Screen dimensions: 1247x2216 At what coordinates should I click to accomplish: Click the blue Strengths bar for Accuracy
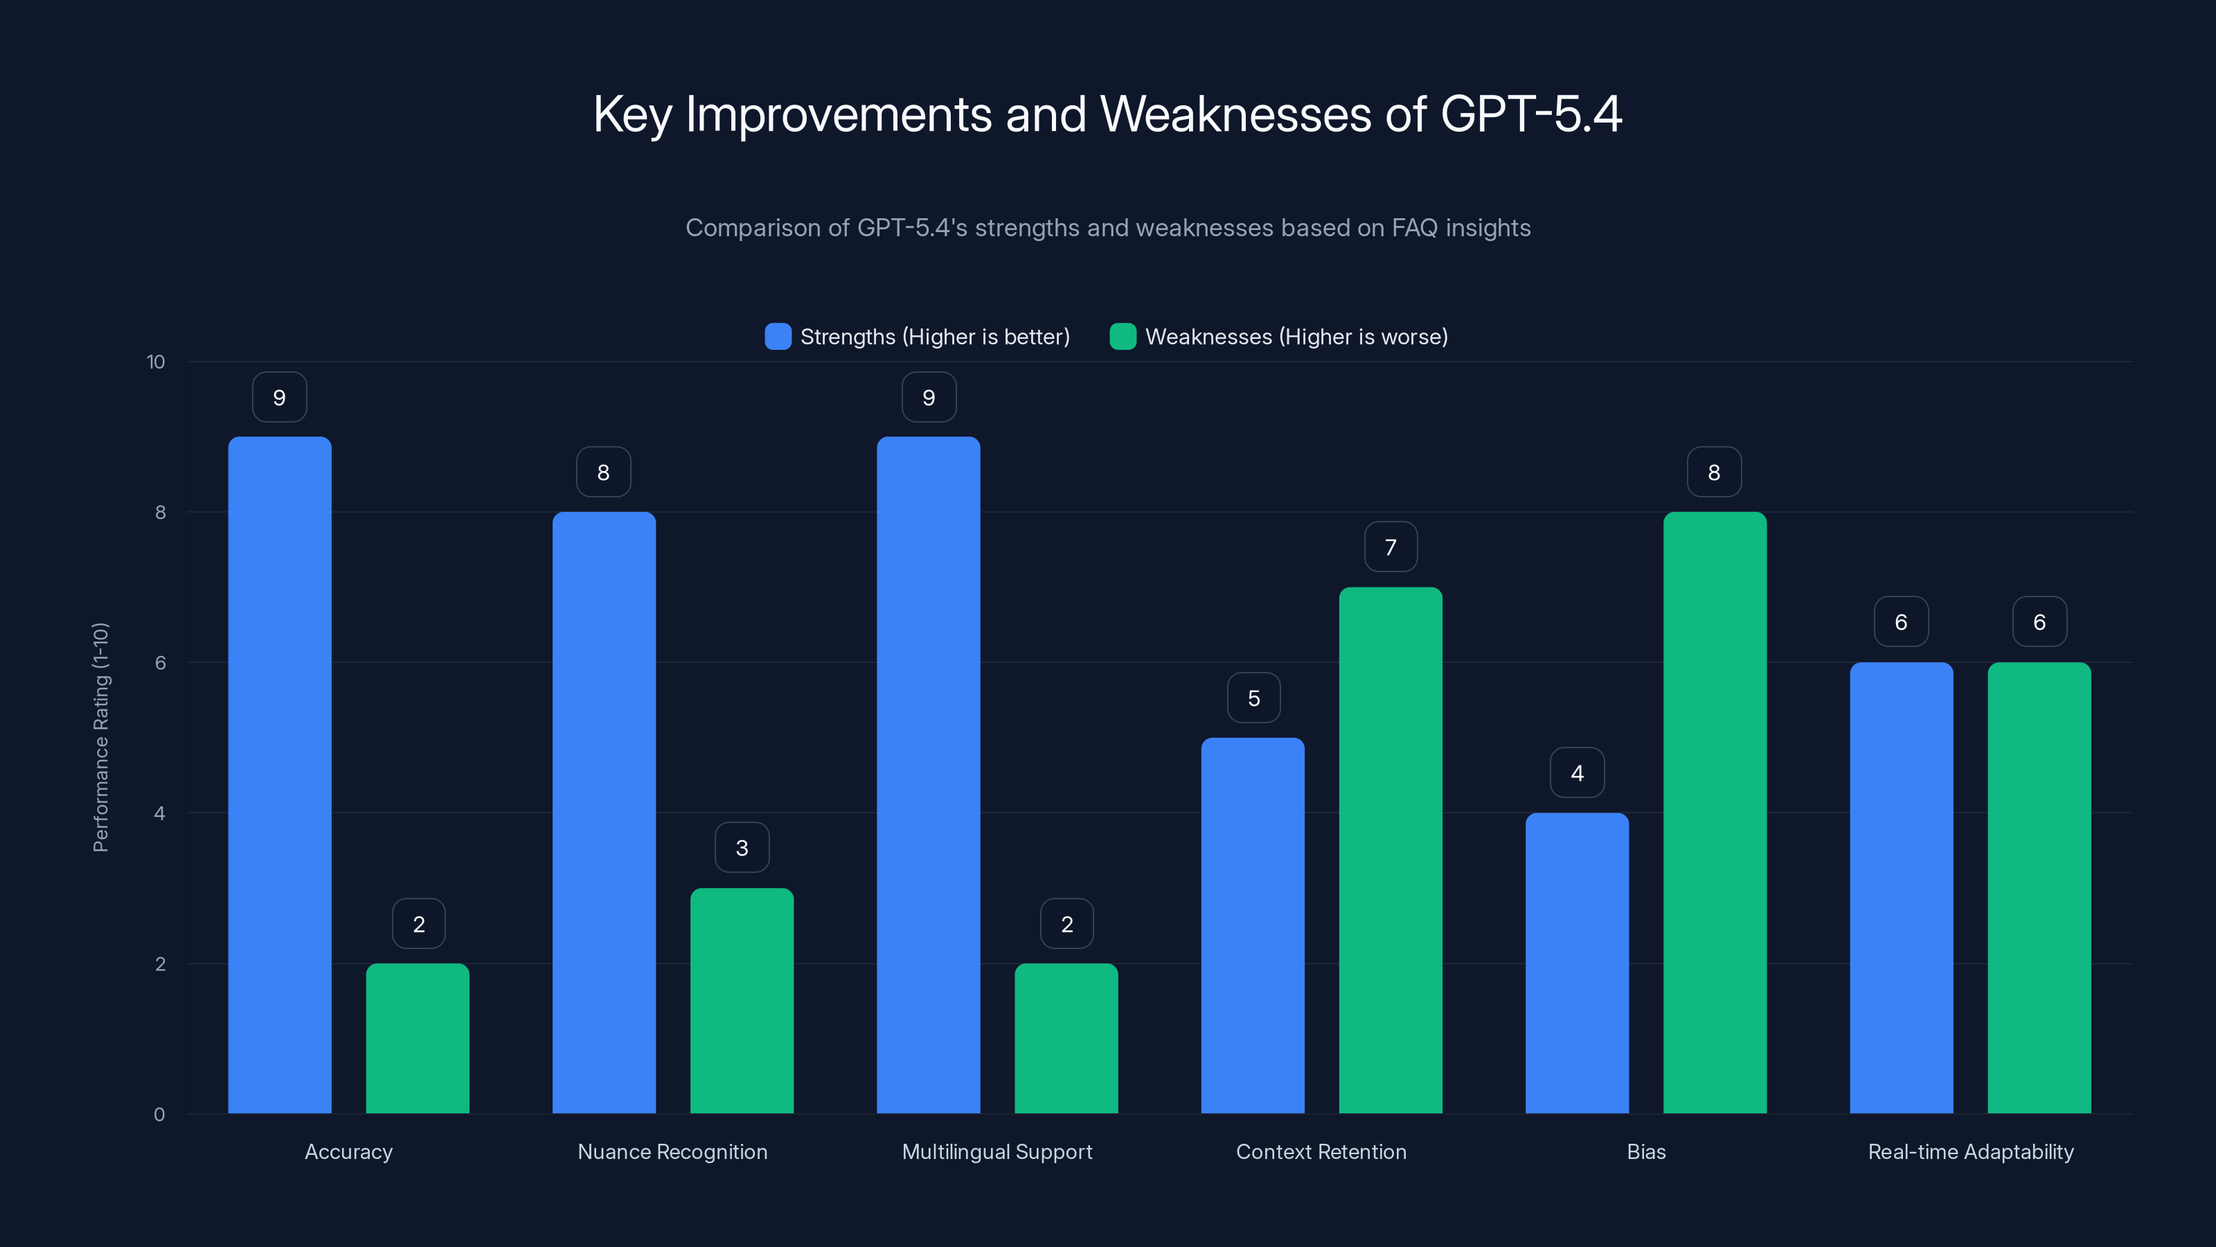pyautogui.click(x=280, y=775)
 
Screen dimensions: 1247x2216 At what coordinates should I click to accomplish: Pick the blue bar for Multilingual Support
pyautogui.click(x=928, y=775)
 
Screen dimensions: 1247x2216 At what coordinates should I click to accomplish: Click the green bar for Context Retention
pyautogui.click(x=1390, y=850)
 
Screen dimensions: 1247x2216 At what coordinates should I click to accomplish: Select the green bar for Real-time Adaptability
pyautogui.click(x=2039, y=887)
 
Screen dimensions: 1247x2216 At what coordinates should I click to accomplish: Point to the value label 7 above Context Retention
pyautogui.click(x=1390, y=547)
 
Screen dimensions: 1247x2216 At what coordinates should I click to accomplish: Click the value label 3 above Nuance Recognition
pyautogui.click(x=742, y=849)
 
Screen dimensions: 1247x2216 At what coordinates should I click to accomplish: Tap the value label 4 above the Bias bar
pyautogui.click(x=1577, y=773)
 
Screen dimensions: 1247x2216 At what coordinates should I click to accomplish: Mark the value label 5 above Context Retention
pyautogui.click(x=1253, y=698)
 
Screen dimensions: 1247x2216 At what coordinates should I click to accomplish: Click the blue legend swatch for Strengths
pyautogui.click(x=778, y=337)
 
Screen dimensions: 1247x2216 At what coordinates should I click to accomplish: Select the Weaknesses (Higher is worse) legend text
pyautogui.click(x=1296, y=337)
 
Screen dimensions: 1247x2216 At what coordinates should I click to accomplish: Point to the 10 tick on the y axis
pyautogui.click(x=156, y=362)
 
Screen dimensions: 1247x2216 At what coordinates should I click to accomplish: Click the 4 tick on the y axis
pyautogui.click(x=159, y=813)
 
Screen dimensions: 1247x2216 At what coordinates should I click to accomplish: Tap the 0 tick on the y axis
pyautogui.click(x=159, y=1115)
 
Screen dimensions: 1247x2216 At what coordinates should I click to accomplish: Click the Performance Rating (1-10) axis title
pyautogui.click(x=100, y=738)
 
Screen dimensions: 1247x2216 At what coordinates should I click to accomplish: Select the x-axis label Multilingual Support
pyautogui.click(x=997, y=1151)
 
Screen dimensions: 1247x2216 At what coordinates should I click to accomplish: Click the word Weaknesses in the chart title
pyautogui.click(x=1235, y=114)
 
